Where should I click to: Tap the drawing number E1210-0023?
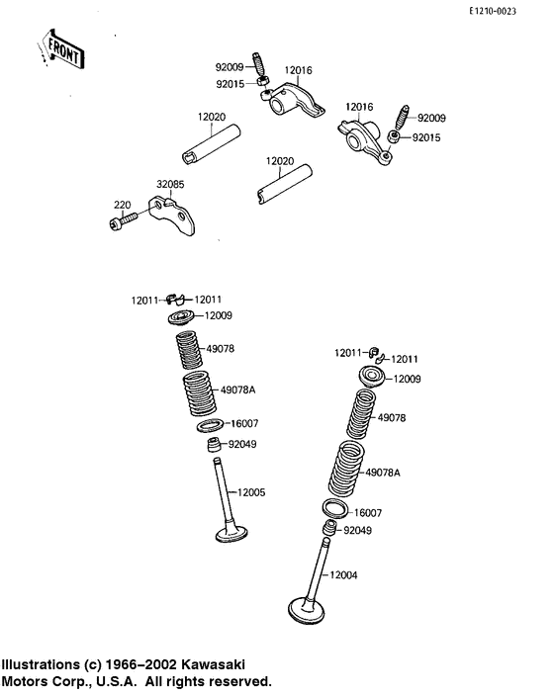coord(493,12)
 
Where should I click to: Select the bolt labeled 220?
coord(123,220)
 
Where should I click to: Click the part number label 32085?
coord(170,184)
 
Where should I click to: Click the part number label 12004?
coord(343,574)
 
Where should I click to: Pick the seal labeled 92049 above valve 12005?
coord(215,445)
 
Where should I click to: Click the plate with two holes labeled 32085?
coord(172,216)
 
